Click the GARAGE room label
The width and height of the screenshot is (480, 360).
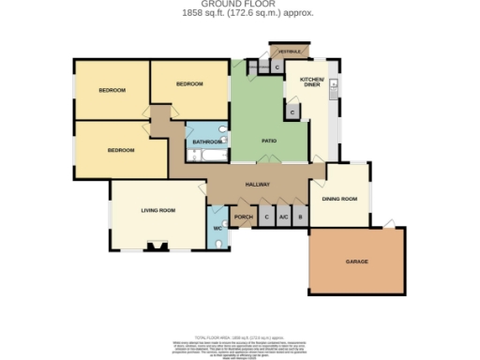(355, 262)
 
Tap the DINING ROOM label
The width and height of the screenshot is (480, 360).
(340, 199)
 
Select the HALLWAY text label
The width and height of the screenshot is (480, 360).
(258, 185)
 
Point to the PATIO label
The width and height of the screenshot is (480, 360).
(268, 141)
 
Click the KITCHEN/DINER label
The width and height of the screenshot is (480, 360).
(311, 82)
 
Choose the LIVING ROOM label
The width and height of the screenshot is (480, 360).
(158, 210)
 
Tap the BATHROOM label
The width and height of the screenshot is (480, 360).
(206, 142)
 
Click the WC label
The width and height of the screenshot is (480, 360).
(217, 227)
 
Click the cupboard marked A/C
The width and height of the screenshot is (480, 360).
(283, 217)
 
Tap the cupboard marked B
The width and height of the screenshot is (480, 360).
(300, 217)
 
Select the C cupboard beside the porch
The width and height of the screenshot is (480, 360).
(266, 217)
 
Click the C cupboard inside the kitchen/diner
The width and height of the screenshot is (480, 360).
(292, 112)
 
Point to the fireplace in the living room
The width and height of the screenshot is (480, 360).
(157, 248)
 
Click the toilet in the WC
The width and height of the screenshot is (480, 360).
(217, 244)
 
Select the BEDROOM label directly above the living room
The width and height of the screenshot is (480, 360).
(120, 150)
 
